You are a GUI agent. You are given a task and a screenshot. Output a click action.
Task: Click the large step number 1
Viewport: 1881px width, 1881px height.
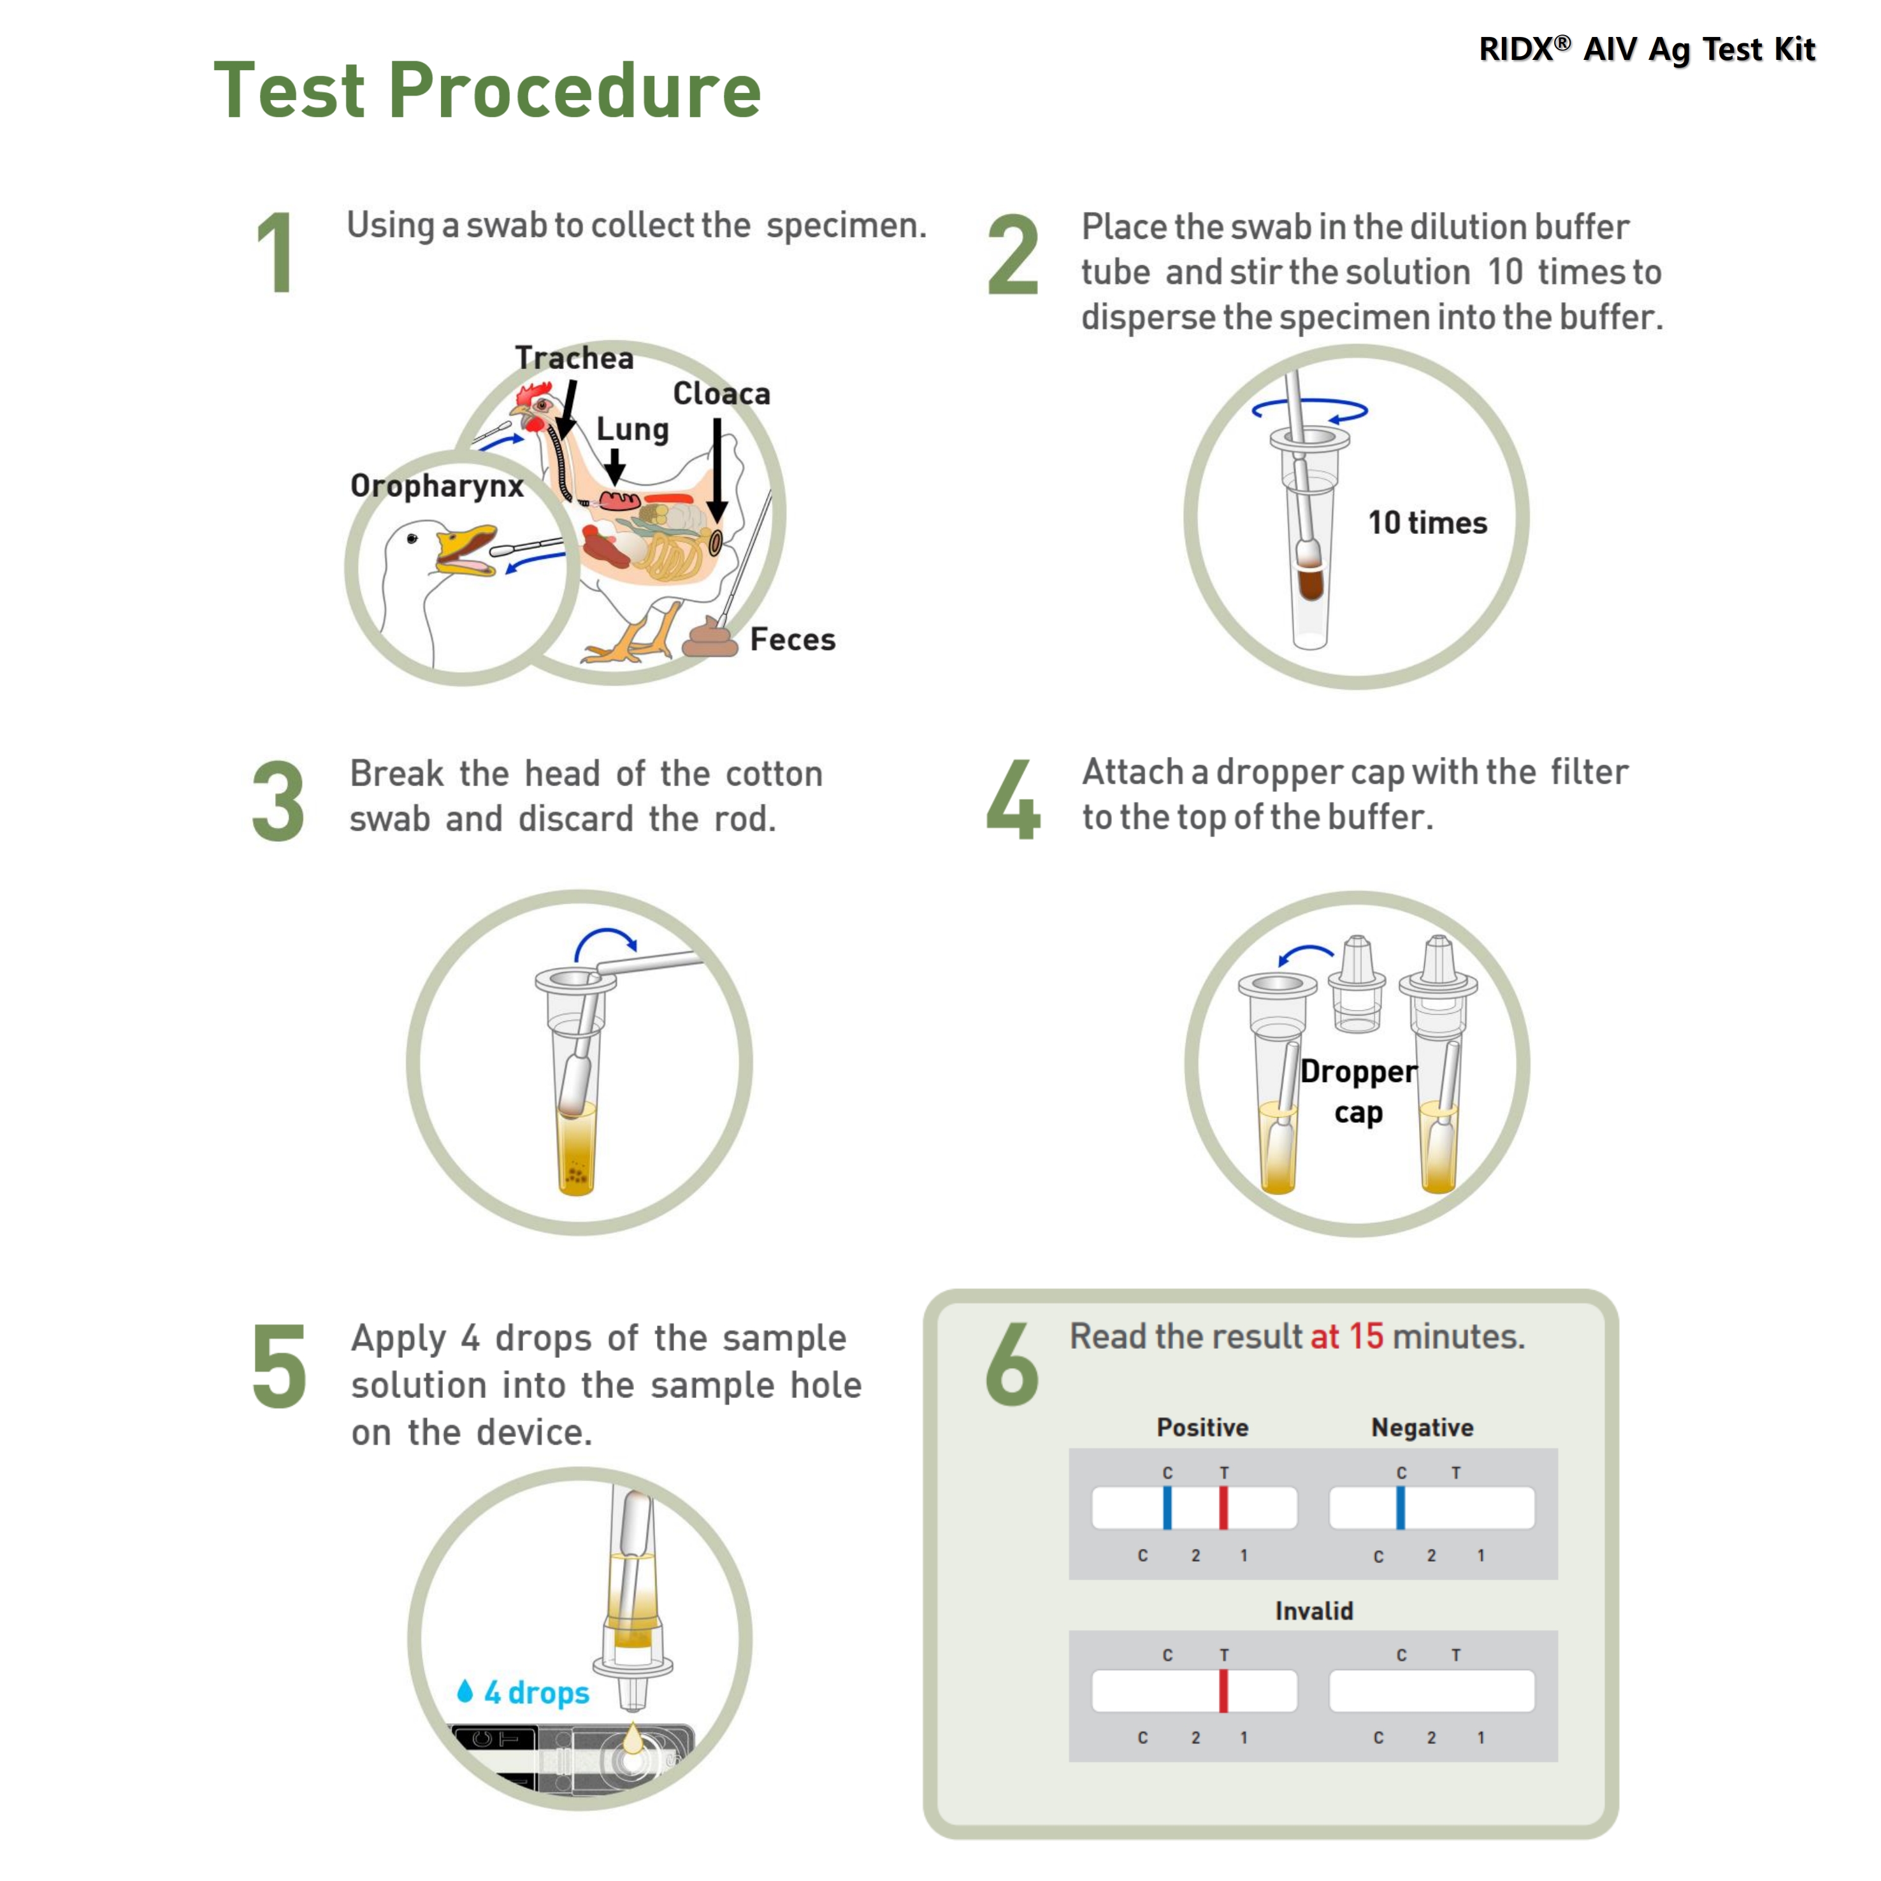tap(277, 253)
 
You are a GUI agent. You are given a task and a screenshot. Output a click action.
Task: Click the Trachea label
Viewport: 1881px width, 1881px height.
tap(574, 358)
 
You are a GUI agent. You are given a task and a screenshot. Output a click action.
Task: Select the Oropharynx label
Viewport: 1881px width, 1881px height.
tap(437, 486)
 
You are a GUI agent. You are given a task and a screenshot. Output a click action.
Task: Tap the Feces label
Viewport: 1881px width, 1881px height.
tap(793, 640)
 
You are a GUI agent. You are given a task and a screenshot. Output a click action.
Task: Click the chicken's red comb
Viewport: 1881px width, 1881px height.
tap(533, 394)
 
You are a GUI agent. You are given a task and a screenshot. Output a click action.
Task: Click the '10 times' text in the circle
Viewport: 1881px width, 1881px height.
tap(1427, 523)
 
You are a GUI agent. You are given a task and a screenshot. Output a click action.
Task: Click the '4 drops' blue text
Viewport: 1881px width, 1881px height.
tap(537, 1693)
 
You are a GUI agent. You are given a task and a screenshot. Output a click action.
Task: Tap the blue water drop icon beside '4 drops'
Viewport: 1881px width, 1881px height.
tap(465, 1691)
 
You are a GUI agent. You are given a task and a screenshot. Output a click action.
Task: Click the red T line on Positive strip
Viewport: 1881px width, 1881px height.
tap(1224, 1508)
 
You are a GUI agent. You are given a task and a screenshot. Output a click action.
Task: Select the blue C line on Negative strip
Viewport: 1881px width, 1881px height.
tap(1401, 1508)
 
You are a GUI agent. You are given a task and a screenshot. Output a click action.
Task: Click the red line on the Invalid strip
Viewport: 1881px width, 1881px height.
tap(1224, 1691)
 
